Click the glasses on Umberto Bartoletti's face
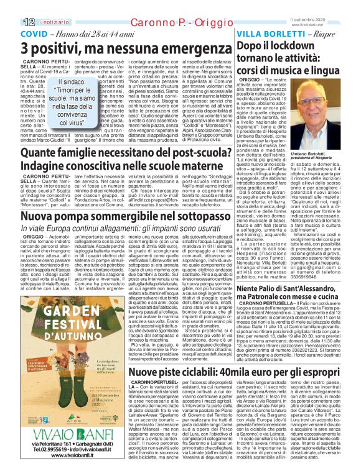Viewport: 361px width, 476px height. pos(321,107)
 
